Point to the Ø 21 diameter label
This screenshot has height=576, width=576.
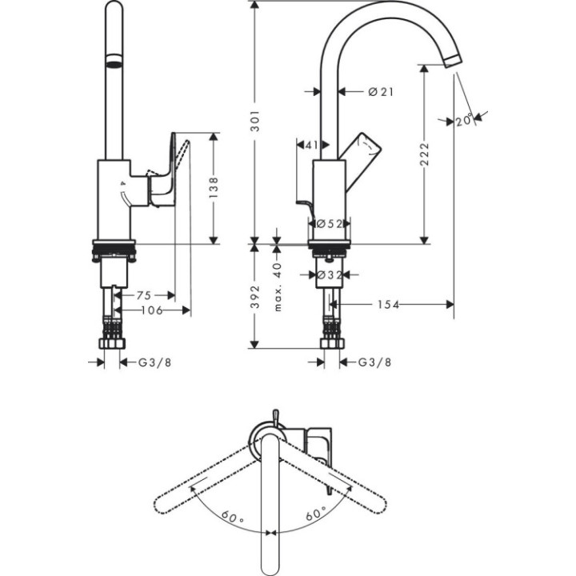point(381,92)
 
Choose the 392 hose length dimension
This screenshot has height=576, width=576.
point(254,297)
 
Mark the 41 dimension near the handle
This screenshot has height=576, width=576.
point(311,145)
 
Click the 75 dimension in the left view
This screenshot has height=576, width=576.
point(143,294)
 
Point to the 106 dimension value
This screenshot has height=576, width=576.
point(150,310)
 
